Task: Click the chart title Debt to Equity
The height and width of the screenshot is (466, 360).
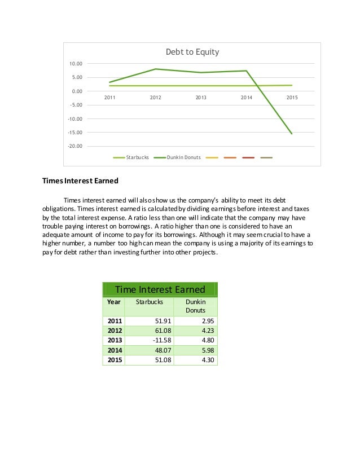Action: tap(192, 52)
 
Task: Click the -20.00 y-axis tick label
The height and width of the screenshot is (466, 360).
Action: tap(74, 146)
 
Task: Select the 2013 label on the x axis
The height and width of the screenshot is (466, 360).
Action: tap(201, 98)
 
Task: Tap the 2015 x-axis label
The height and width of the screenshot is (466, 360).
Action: tap(292, 98)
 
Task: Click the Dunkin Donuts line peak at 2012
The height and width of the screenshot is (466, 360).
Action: tap(156, 69)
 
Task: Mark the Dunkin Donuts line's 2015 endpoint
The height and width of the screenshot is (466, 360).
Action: tap(292, 134)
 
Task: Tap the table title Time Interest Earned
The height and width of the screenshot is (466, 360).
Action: tap(160, 290)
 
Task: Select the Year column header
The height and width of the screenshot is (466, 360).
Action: tap(114, 302)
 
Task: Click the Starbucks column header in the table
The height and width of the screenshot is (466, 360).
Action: tap(149, 302)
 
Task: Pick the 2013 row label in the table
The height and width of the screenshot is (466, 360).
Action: tap(115, 340)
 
